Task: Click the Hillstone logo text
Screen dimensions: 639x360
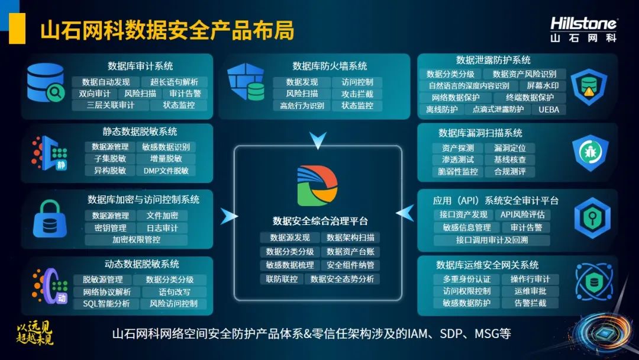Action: pyautogui.click(x=583, y=23)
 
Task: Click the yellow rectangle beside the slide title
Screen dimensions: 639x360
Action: pyautogui.click(x=17, y=28)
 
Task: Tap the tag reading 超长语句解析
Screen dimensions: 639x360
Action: pyautogui.click(x=174, y=82)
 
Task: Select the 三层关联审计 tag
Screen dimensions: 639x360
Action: pyautogui.click(x=111, y=105)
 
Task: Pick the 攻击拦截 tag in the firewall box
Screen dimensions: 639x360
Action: pyautogui.click(x=357, y=94)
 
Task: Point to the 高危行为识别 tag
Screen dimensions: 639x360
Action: pyautogui.click(x=302, y=105)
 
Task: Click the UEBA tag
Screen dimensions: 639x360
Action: pyautogui.click(x=549, y=110)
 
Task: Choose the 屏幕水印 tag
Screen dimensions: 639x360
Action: pyautogui.click(x=543, y=86)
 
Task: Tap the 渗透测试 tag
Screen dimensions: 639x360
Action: pyautogui.click(x=457, y=160)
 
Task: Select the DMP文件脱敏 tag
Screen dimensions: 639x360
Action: pyautogui.click(x=166, y=171)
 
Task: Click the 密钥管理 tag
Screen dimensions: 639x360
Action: pyautogui.click(x=111, y=228)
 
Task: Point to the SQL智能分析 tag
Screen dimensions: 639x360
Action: pyautogui.click(x=106, y=304)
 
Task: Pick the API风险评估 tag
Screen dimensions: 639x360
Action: pyautogui.click(x=522, y=214)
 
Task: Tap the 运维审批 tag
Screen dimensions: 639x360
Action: pyautogui.click(x=530, y=291)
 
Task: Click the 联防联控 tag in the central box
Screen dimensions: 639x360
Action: pyautogui.click(x=282, y=279)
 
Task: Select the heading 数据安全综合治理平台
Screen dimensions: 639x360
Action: pyautogui.click(x=320, y=221)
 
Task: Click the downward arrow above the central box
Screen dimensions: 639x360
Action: pyautogui.click(x=318, y=140)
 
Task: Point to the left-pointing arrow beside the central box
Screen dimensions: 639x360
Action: pyautogui.click(x=405, y=213)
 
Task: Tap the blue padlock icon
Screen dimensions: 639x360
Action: pyautogui.click(x=50, y=219)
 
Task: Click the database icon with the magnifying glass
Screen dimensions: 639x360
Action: pyautogui.click(x=46, y=82)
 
